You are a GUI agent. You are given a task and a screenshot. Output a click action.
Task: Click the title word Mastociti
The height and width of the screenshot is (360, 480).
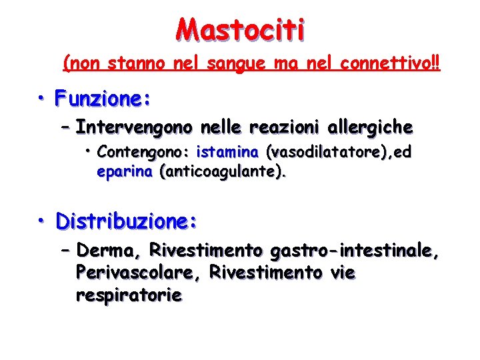click(241, 29)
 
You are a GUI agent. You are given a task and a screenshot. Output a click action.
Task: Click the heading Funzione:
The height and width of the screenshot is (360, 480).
click(103, 99)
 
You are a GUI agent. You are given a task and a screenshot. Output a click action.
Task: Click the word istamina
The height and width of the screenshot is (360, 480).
click(229, 152)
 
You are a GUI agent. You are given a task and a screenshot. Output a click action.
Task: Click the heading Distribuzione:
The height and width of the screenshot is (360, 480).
click(127, 221)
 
